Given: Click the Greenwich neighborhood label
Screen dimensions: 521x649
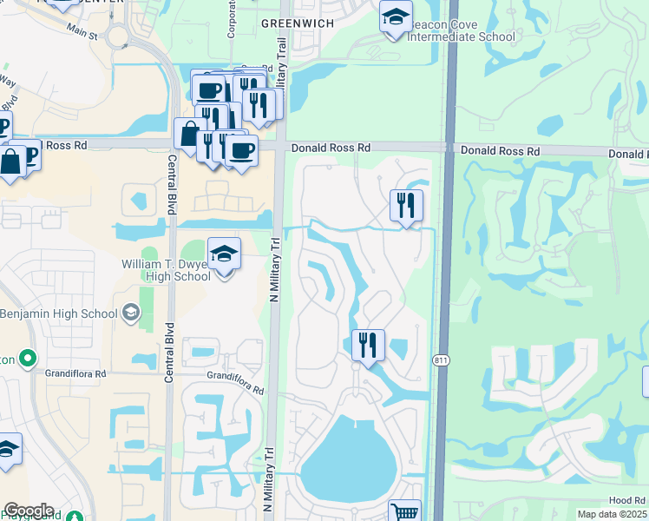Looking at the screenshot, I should [298, 23].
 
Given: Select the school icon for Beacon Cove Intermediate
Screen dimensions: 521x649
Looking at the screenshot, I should [396, 17].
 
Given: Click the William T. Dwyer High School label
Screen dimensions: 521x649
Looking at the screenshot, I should [167, 269].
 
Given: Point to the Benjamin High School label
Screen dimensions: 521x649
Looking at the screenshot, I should [59, 313].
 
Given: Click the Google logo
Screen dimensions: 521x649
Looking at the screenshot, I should [29, 511].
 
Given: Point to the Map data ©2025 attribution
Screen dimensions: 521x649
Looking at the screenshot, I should [612, 514].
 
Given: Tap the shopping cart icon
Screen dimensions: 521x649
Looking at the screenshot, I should [404, 512].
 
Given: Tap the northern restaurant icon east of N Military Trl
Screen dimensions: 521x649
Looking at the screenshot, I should [406, 207].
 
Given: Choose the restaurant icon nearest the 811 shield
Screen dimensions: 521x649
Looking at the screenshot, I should [369, 346].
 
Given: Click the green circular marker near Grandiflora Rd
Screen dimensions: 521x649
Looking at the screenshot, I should [28, 358].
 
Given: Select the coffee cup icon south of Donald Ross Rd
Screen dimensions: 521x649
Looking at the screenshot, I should [241, 151].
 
